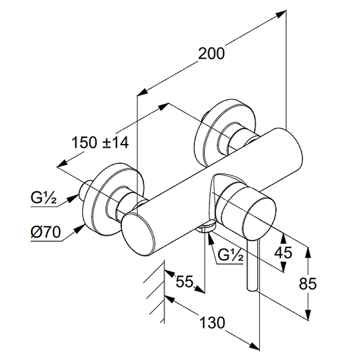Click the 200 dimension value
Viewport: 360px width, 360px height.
click(x=211, y=54)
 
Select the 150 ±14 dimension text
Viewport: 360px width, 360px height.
click(x=100, y=143)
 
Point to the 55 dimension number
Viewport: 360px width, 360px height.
click(x=184, y=282)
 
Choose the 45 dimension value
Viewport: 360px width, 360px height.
click(x=283, y=252)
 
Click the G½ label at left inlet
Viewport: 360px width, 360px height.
click(x=44, y=198)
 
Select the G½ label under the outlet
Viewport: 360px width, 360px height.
click(x=230, y=256)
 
